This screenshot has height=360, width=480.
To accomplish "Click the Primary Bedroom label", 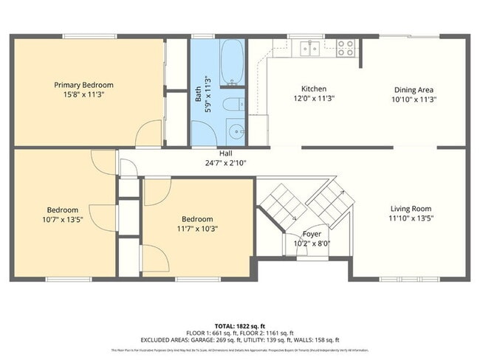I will point(83,85).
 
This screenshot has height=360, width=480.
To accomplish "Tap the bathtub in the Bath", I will point(232,62).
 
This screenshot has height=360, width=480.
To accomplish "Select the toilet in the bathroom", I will point(233,104).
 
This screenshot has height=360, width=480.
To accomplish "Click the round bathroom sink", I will point(236,131).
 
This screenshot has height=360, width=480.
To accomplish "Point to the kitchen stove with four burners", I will point(346,48).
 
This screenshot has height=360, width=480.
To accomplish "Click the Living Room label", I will point(410,209).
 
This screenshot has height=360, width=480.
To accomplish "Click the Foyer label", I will point(312,233).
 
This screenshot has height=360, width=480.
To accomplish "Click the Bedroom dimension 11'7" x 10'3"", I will point(197,229).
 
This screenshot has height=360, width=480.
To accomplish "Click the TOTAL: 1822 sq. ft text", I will point(240,325).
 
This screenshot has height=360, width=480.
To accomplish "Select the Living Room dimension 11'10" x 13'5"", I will point(410,219).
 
